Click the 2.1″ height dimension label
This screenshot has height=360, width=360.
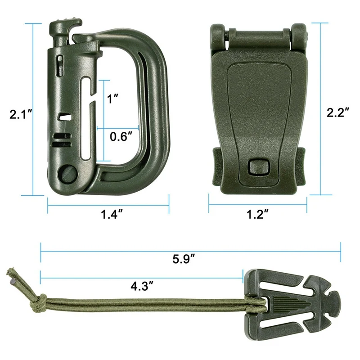click(x=20, y=114)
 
